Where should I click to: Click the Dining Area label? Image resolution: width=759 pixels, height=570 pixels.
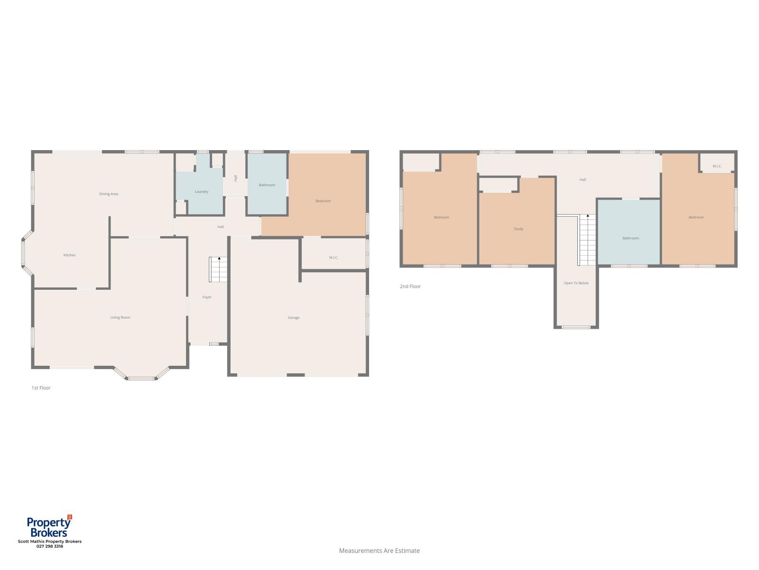[x=109, y=194]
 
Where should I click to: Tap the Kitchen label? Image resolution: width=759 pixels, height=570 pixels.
[x=69, y=255]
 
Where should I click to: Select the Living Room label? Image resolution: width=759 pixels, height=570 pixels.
[x=120, y=317]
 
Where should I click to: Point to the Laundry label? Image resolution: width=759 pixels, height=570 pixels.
[x=201, y=192]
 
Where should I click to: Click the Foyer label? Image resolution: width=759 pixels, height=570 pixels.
[x=207, y=297]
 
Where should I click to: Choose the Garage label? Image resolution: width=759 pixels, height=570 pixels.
[x=293, y=317]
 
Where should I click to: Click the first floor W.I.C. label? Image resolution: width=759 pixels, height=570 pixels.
[x=333, y=257]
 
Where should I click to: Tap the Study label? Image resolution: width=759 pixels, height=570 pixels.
[x=518, y=229]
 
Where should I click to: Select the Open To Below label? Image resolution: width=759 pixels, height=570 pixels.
[x=576, y=283]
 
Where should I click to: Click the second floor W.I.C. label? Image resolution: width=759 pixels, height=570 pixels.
[x=717, y=166]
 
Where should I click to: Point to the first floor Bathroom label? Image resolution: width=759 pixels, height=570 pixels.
[x=267, y=185]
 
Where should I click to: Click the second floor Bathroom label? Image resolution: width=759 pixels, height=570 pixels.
[x=630, y=238]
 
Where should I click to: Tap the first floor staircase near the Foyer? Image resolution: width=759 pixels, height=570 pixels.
[x=218, y=269]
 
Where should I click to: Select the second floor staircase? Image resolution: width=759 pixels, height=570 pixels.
[x=587, y=240]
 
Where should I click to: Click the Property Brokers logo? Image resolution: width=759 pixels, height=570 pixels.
[x=49, y=526]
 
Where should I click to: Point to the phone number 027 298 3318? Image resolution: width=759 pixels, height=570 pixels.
[x=49, y=546]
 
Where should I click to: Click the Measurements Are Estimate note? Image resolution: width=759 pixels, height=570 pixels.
[x=379, y=551]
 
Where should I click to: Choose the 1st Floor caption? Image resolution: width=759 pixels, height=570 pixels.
[x=41, y=388]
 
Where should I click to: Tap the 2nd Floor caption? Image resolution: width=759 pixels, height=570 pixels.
[x=410, y=286]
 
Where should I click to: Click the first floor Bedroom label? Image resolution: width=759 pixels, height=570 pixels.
[x=323, y=201]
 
